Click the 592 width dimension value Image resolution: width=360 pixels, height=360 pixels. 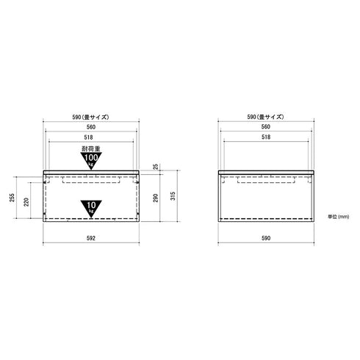coord(92,238)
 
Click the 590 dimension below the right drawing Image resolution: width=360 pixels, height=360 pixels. coord(268,238)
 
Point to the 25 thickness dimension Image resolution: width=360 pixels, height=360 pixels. coord(155,168)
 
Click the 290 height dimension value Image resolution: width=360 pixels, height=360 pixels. coord(155,198)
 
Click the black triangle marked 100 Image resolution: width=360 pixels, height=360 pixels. coord(92,160)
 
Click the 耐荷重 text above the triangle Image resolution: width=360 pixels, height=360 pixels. coord(92,149)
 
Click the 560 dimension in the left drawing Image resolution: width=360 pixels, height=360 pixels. coord(92,126)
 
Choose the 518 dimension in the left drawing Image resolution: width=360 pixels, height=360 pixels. coord(92,137)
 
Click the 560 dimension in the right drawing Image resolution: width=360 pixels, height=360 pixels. coord(268,126)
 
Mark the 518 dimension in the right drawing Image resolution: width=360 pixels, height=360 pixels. coord(268,137)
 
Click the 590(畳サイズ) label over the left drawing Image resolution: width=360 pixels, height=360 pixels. coord(92,117)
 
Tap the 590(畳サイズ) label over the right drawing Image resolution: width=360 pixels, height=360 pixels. coord(268,117)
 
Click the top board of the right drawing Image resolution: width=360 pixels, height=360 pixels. coord(268,173)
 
